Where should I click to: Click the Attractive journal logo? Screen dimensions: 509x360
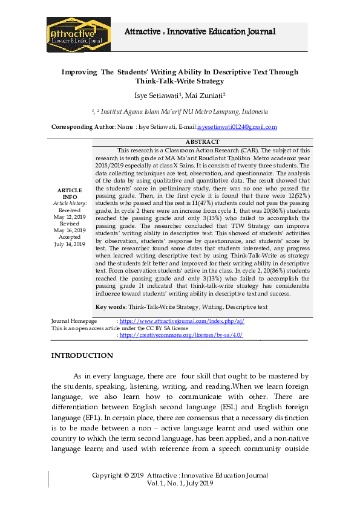pyautogui.click(x=78, y=34)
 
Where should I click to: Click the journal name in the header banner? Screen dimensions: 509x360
pyautogui.click(x=200, y=31)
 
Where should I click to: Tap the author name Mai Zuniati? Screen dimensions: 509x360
pyautogui.click(x=204, y=95)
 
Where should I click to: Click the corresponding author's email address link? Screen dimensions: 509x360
pyautogui.click(x=237, y=127)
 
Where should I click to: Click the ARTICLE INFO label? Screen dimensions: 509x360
pyautogui.click(x=70, y=193)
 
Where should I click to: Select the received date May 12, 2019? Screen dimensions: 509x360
pyautogui.click(x=70, y=216)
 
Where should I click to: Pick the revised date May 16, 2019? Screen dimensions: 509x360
pyautogui.click(x=70, y=230)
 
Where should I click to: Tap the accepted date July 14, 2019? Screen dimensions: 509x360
pyautogui.click(x=70, y=244)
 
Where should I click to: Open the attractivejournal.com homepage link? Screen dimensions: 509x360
pyautogui.click(x=174, y=321)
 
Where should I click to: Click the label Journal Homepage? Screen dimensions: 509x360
pyautogui.click(x=74, y=321)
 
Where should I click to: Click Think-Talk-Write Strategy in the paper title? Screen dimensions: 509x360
pyautogui.click(x=180, y=80)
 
